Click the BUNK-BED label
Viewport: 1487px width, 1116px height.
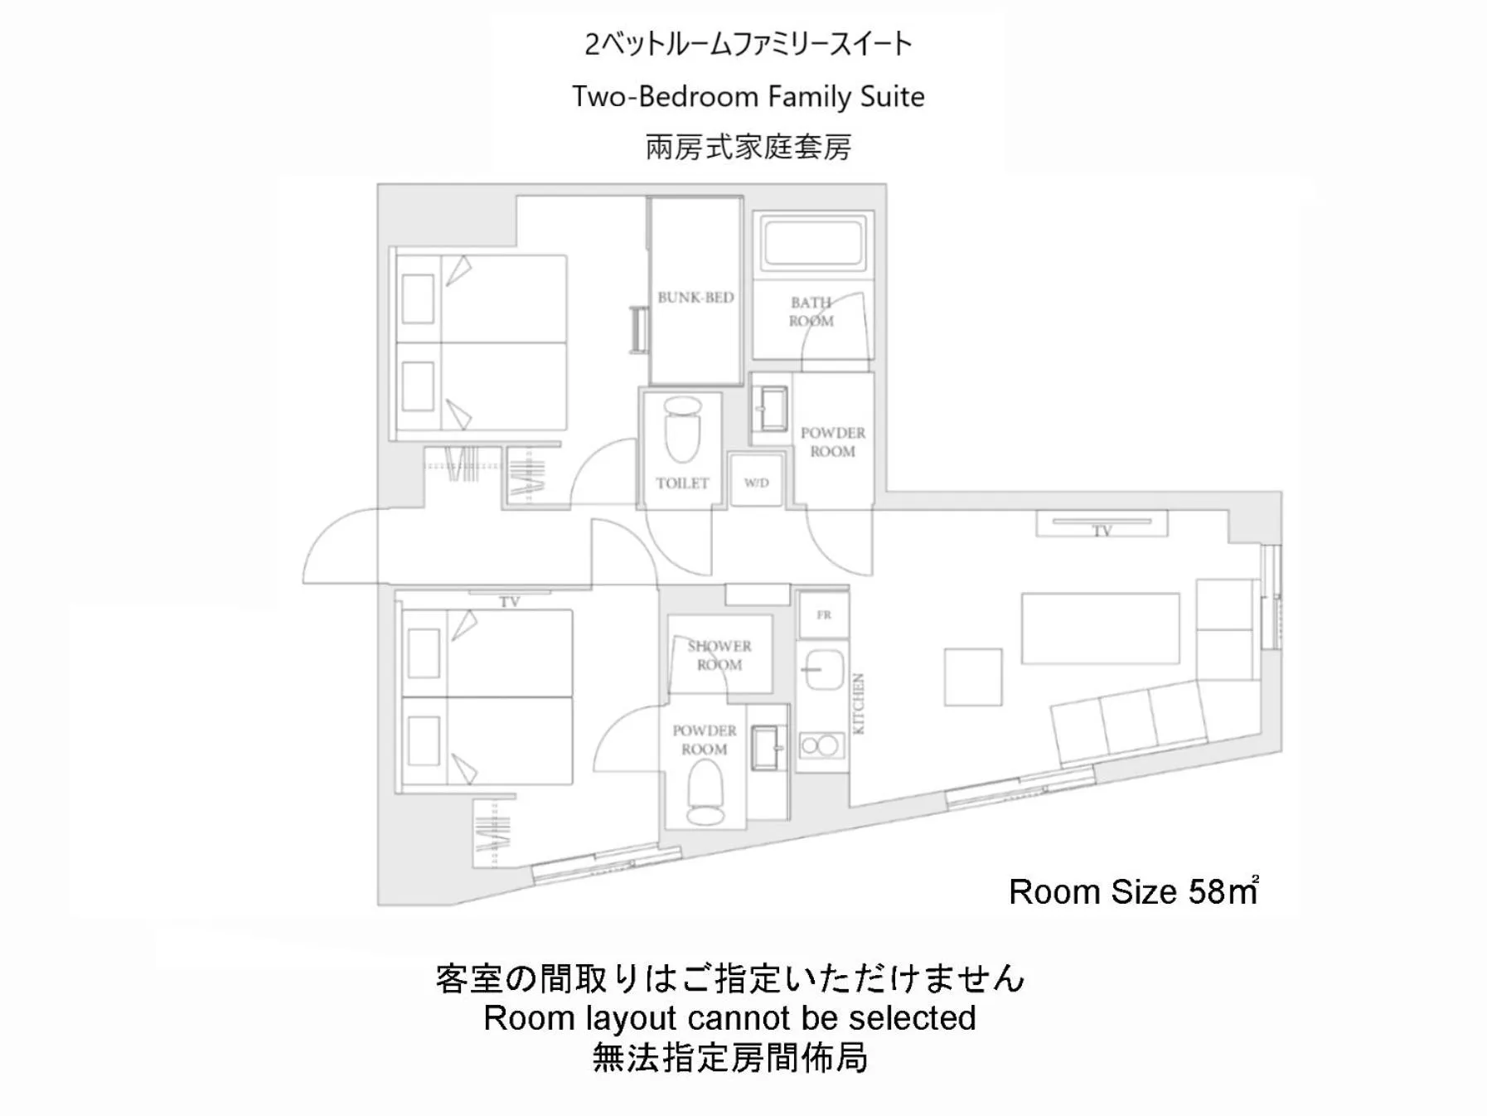695,297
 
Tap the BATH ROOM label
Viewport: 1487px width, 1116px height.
811,312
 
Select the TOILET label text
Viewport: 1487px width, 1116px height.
682,483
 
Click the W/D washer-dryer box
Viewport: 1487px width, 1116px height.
756,482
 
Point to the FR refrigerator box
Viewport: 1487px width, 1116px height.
823,614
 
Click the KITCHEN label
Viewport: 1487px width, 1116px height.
859,703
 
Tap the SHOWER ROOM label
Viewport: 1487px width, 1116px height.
719,655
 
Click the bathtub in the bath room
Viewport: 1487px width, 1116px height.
814,240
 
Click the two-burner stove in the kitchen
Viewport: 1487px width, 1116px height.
821,745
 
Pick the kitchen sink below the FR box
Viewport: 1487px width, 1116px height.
821,668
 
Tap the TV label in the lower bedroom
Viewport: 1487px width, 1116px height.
509,602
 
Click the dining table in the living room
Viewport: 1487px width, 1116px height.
1100,628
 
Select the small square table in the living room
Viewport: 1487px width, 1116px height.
973,677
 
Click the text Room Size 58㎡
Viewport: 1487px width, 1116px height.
1133,891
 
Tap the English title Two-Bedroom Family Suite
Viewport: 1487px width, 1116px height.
748,97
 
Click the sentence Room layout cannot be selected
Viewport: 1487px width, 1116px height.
729,1017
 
